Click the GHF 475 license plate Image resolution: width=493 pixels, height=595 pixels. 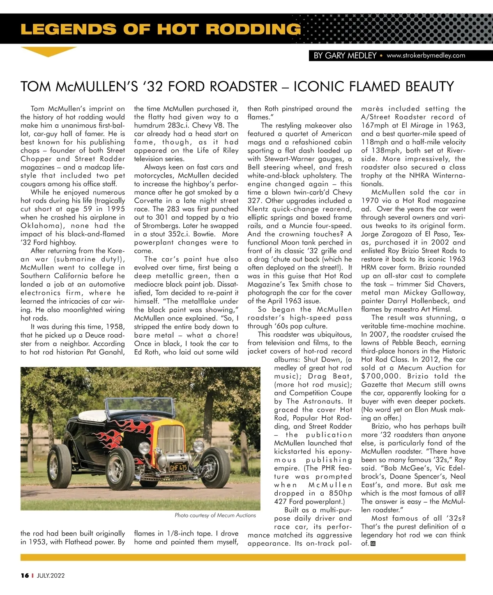point(178,467)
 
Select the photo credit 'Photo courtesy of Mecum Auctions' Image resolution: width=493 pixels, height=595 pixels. point(215,515)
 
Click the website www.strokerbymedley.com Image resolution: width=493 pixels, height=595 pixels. point(426,55)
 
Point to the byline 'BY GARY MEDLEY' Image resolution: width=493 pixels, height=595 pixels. point(345,55)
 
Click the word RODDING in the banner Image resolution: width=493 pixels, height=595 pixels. point(253,29)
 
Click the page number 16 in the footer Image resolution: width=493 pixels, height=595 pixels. point(25,575)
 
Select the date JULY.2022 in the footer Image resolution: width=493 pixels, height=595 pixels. point(51,575)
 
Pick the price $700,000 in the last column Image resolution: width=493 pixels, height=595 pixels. point(380,376)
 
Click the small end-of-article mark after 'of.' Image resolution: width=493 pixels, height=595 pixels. point(373,544)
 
